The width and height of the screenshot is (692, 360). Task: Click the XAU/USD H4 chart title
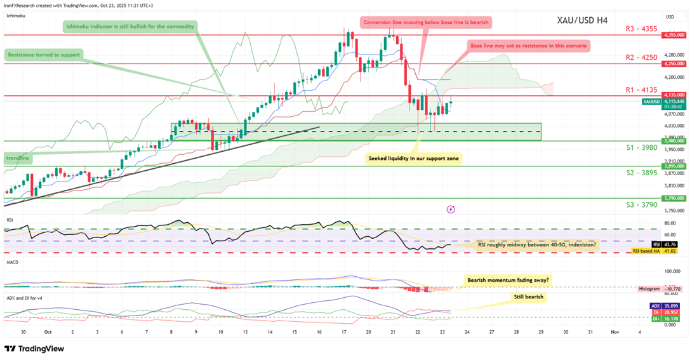(x=582, y=20)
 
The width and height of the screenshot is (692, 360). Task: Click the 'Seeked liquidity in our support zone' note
(x=413, y=157)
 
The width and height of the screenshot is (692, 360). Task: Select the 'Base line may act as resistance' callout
(x=528, y=46)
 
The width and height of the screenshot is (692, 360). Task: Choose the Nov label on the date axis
(x=615, y=332)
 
